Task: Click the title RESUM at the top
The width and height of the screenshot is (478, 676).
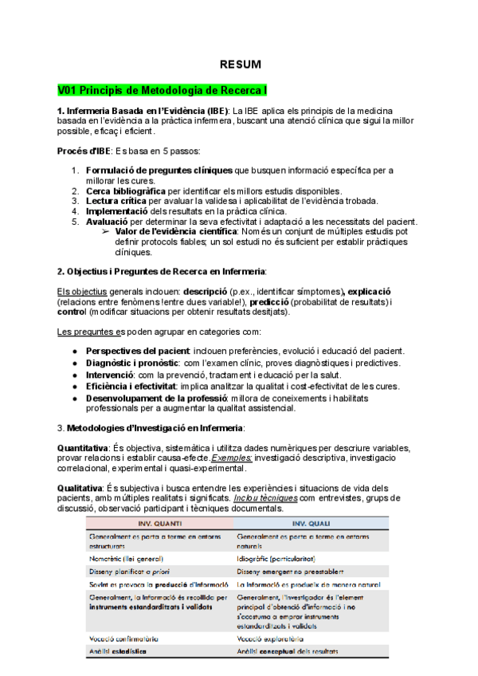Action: [x=238, y=65]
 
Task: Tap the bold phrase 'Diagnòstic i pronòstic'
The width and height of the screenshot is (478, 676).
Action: [x=131, y=364]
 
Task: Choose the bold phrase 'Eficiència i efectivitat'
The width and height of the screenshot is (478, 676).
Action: [x=130, y=386]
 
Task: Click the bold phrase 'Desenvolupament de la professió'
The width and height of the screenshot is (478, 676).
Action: [x=157, y=398]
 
